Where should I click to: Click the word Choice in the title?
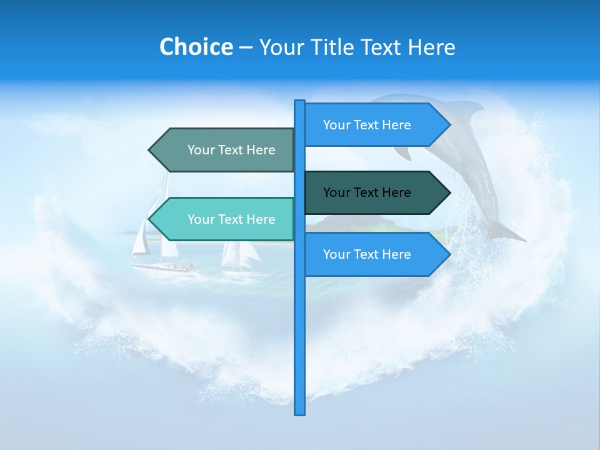pos(196,47)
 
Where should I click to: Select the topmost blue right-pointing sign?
pos(375,125)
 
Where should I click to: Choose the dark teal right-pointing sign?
pos(375,192)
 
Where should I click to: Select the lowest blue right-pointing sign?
pos(375,254)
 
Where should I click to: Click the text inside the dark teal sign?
pos(367,192)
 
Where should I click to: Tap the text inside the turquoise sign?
pos(231,219)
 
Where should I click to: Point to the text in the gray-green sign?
pos(231,150)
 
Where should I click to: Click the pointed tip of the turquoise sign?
pos(151,219)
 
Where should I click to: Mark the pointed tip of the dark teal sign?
pos(448,192)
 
